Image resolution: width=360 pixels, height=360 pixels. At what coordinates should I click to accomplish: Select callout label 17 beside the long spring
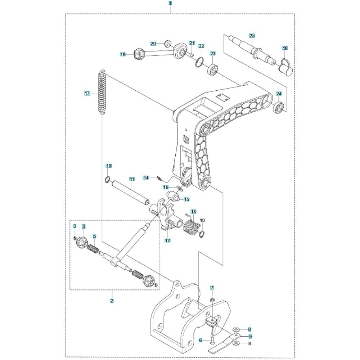point(87,94)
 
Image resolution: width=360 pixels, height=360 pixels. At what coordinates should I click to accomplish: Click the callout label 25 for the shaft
point(252,35)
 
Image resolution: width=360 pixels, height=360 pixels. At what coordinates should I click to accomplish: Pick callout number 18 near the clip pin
point(285,48)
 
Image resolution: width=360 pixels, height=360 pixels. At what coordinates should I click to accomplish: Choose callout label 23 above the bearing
point(213,53)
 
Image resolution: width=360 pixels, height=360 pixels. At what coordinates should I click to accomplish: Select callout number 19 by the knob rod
point(123,54)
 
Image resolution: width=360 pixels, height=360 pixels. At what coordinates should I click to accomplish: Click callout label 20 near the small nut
point(153,44)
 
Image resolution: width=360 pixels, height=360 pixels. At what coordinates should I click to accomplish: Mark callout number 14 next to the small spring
point(146,177)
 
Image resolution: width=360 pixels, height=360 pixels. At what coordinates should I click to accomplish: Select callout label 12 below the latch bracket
point(167,240)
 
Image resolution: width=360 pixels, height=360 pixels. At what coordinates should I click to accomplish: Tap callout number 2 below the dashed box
point(112,301)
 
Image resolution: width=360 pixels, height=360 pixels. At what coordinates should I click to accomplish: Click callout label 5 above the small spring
point(94,237)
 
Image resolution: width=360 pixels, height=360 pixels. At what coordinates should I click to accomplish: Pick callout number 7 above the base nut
point(212,288)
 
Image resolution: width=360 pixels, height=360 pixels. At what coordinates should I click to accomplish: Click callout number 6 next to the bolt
point(201,340)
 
